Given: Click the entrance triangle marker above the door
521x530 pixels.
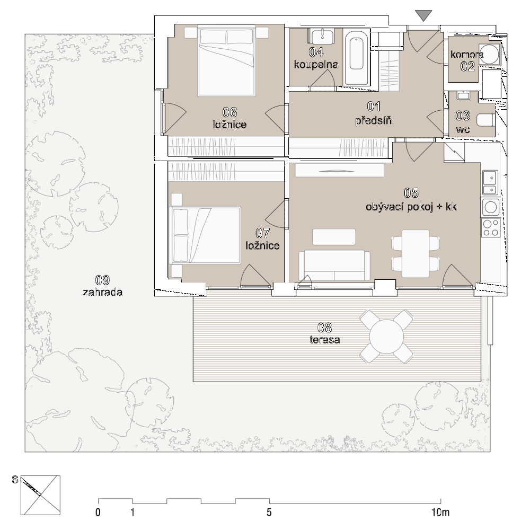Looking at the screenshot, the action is click(x=423, y=15).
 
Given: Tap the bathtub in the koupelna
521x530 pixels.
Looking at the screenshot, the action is click(x=357, y=57).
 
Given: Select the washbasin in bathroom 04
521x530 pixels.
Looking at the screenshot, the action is click(x=322, y=36).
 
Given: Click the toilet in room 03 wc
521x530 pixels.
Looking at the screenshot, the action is click(x=485, y=120).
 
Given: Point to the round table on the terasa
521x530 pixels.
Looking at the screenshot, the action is click(x=386, y=337).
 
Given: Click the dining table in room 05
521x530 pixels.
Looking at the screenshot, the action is click(x=416, y=253).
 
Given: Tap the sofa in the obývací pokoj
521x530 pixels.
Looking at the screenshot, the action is click(x=334, y=266).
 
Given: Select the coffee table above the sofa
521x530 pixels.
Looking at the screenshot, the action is click(x=334, y=236).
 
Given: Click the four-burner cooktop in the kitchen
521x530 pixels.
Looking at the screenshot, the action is click(x=491, y=227).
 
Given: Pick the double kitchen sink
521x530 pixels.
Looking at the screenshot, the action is click(x=490, y=182).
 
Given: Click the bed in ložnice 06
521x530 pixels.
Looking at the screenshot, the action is click(x=226, y=61).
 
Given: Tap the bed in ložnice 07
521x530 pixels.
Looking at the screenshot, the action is click(x=206, y=235).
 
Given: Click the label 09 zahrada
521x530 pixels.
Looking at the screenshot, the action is click(x=102, y=286).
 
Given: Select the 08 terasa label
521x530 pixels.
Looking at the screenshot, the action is click(x=324, y=333).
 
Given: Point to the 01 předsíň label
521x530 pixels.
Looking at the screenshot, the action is click(x=374, y=113).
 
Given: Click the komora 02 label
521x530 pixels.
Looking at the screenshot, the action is click(x=467, y=60).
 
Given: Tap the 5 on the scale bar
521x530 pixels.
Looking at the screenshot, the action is click(x=269, y=512).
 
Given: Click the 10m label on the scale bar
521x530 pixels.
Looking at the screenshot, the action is click(x=440, y=512).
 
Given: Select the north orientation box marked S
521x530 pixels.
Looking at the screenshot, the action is click(x=40, y=495).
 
